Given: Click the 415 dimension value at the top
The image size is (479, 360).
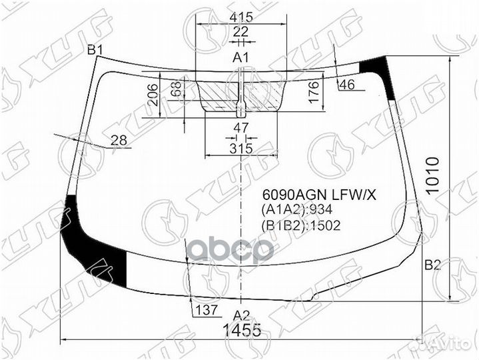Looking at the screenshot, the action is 241,17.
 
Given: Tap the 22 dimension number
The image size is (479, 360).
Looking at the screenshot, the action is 240,31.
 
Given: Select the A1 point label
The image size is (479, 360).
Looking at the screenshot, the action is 240,57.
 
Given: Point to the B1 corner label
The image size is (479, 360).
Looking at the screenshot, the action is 96,50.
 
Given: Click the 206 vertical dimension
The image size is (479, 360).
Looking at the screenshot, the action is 153,95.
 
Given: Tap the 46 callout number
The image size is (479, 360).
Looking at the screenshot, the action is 346,84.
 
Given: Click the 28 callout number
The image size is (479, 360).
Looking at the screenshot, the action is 119,141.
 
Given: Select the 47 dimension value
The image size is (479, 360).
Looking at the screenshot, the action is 241,128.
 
